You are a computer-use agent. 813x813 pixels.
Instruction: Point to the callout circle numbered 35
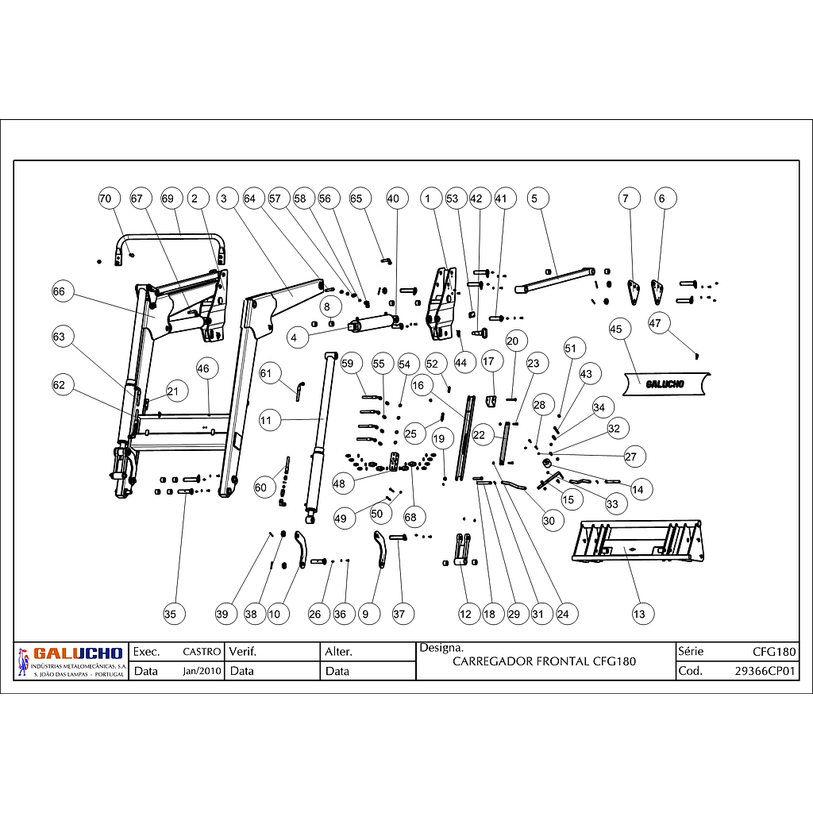[171, 613]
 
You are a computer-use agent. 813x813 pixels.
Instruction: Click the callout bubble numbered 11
[270, 419]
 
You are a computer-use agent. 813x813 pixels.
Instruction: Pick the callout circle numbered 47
[655, 322]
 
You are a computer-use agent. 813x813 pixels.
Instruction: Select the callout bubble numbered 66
[59, 291]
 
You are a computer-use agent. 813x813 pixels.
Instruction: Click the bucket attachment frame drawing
[638, 541]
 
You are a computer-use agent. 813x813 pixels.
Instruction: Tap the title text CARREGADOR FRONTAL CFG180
[544, 661]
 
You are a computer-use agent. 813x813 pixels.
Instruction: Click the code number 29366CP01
[765, 671]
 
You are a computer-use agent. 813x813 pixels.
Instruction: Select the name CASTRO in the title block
[202, 652]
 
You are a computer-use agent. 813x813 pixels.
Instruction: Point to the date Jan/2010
[202, 671]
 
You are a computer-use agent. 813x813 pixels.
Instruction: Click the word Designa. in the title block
[436, 647]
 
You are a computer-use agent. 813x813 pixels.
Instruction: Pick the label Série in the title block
[691, 652]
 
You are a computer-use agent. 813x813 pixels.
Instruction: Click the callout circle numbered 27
[631, 457]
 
